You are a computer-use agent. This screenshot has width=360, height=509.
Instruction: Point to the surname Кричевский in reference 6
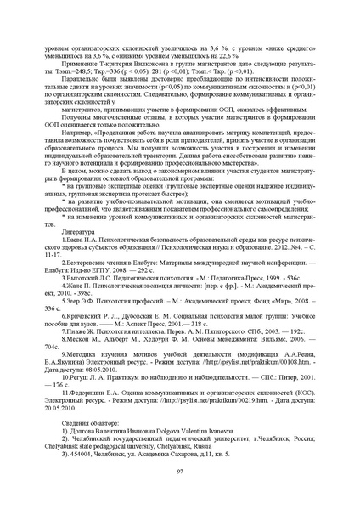tap(87, 314)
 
